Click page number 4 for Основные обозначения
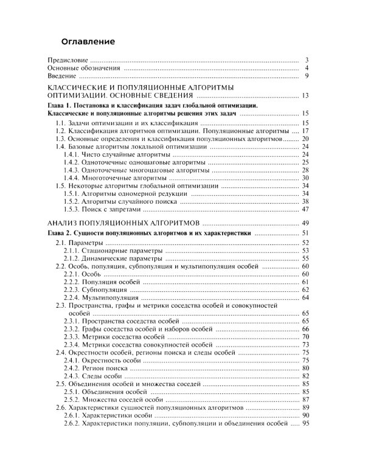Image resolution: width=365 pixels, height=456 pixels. point(308,68)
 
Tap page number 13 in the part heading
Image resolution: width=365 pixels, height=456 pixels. point(306,95)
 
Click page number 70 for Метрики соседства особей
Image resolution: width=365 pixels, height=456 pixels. point(306,336)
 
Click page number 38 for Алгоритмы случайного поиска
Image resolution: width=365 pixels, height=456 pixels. point(306,201)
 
